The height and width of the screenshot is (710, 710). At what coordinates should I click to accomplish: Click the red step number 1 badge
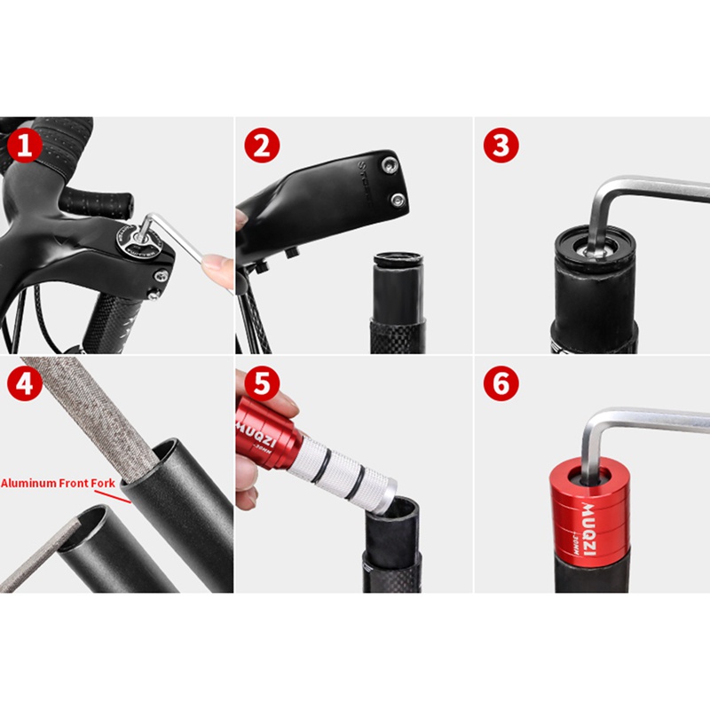(25, 145)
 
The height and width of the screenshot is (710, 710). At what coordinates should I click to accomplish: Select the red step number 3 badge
(501, 145)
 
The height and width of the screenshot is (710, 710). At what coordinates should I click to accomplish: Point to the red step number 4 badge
(25, 384)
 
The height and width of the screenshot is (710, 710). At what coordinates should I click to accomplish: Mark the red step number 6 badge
(501, 384)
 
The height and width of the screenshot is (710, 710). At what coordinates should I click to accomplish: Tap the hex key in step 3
(639, 191)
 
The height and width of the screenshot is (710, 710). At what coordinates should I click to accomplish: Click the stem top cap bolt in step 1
(132, 239)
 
